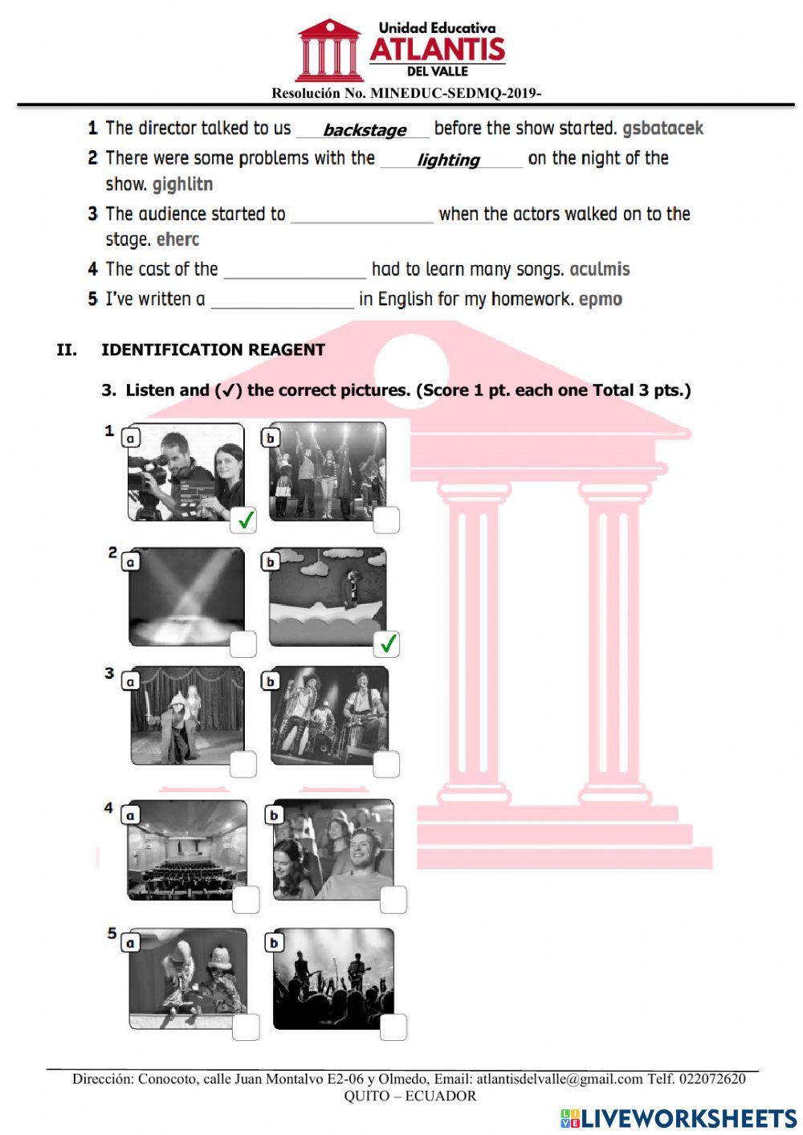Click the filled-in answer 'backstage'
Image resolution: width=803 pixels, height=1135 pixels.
click(x=364, y=130)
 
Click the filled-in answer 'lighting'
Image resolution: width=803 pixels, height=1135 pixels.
click(x=448, y=160)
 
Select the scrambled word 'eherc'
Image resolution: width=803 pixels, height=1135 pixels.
click(x=177, y=239)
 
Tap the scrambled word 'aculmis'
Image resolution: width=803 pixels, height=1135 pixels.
click(x=599, y=269)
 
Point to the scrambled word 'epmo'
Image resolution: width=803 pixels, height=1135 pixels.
click(x=600, y=300)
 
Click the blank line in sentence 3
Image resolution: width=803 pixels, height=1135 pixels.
click(x=361, y=215)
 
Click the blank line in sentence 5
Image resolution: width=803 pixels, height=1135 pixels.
click(x=282, y=300)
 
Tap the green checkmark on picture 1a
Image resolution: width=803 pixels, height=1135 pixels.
click(x=245, y=520)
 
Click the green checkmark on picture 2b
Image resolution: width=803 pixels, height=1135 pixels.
click(x=387, y=643)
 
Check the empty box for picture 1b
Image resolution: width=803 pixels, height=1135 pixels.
click(x=386, y=520)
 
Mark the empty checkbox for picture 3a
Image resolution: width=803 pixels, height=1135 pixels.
click(x=243, y=764)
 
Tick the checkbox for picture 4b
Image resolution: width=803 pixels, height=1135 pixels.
click(x=393, y=900)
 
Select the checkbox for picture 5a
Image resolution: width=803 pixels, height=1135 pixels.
click(x=246, y=1027)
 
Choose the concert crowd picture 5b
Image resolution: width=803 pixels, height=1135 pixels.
click(x=332, y=978)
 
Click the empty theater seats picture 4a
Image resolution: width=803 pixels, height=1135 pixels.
click(x=187, y=850)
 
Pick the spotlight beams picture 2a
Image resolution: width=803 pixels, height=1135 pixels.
click(x=185, y=597)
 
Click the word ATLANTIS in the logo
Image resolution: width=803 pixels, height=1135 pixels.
click(x=437, y=50)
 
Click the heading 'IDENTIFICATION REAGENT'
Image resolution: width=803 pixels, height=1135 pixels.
click(x=213, y=349)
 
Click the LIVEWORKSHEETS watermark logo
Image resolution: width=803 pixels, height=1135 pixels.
click(x=679, y=1118)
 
